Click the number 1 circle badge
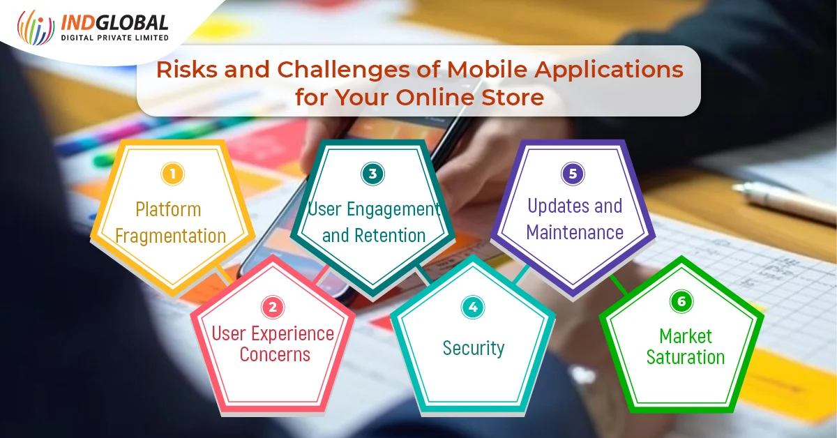(173, 174)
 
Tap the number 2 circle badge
(273, 307)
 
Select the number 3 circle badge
(373, 174)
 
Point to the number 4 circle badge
(473, 307)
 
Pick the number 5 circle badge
(573, 174)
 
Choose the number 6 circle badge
(681, 301)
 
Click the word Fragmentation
(171, 236)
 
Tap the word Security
(474, 348)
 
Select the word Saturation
(686, 357)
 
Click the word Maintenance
(575, 232)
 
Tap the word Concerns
(275, 354)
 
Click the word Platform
(168, 209)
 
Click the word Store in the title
(512, 97)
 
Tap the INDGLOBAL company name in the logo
(114, 23)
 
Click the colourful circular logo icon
(36, 27)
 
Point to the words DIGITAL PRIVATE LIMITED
(114, 38)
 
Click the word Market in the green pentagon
(686, 336)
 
